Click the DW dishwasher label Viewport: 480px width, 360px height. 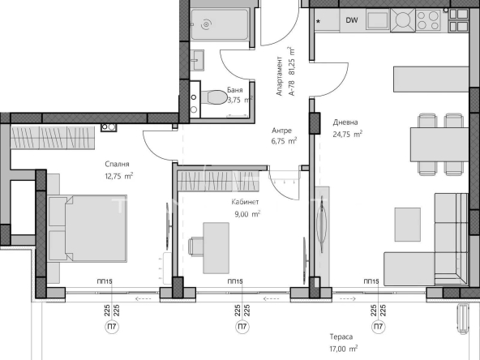click(351, 20)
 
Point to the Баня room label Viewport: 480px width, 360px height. click(234, 90)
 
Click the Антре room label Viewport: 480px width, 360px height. click(281, 130)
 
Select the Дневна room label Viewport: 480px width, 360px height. click(345, 123)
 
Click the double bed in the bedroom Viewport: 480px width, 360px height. click(86, 229)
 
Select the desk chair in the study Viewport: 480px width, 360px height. click(195, 246)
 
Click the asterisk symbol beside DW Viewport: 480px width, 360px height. click(318, 21)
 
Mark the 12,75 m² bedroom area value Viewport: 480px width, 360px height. click(118, 174)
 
